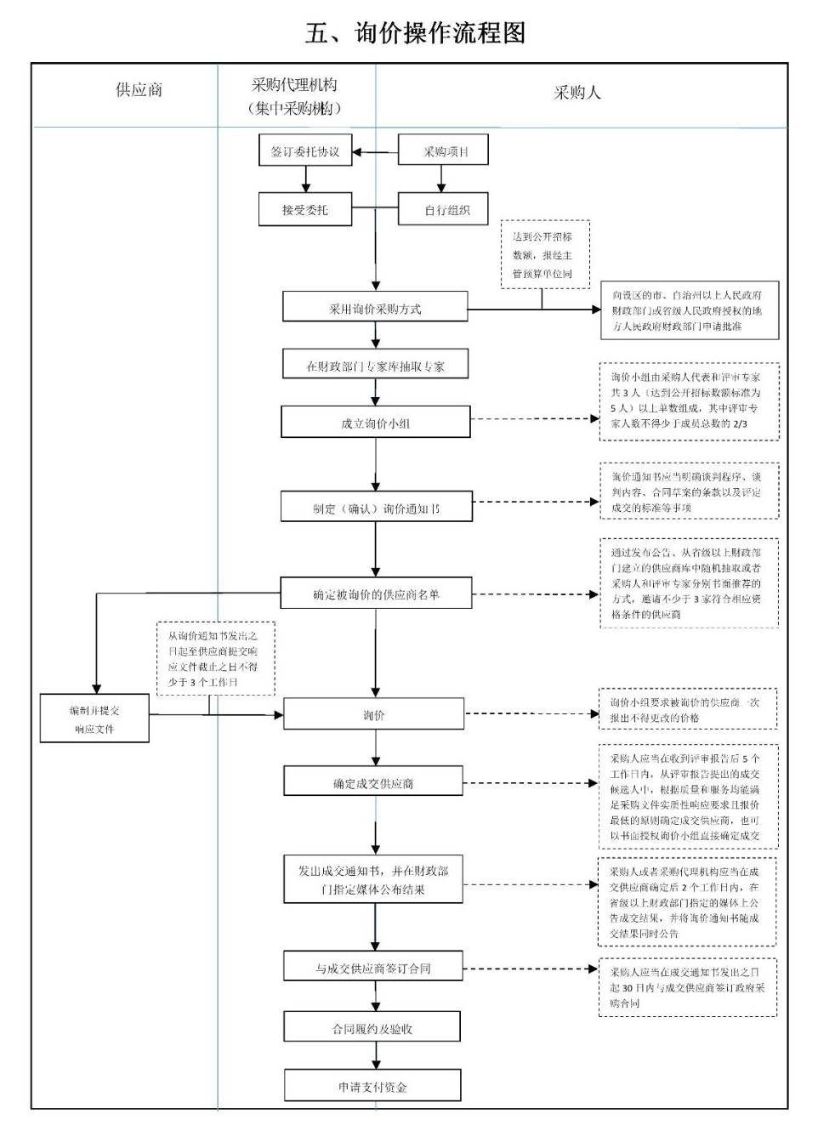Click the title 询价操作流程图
tap(415, 33)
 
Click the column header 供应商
tap(139, 90)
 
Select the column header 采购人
tap(577, 93)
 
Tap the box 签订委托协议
tap(305, 151)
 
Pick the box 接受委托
tap(305, 209)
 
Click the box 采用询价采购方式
tap(375, 308)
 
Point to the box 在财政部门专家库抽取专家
tap(375, 366)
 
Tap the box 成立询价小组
tap(375, 423)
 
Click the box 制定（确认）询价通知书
tap(375, 508)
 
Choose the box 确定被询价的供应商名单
tap(375, 594)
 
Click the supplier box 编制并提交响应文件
tap(94, 719)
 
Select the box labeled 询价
tap(373, 714)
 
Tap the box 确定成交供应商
tap(373, 782)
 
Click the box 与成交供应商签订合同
tap(373, 968)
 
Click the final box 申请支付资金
tap(372, 1086)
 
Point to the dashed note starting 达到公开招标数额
tap(542, 254)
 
